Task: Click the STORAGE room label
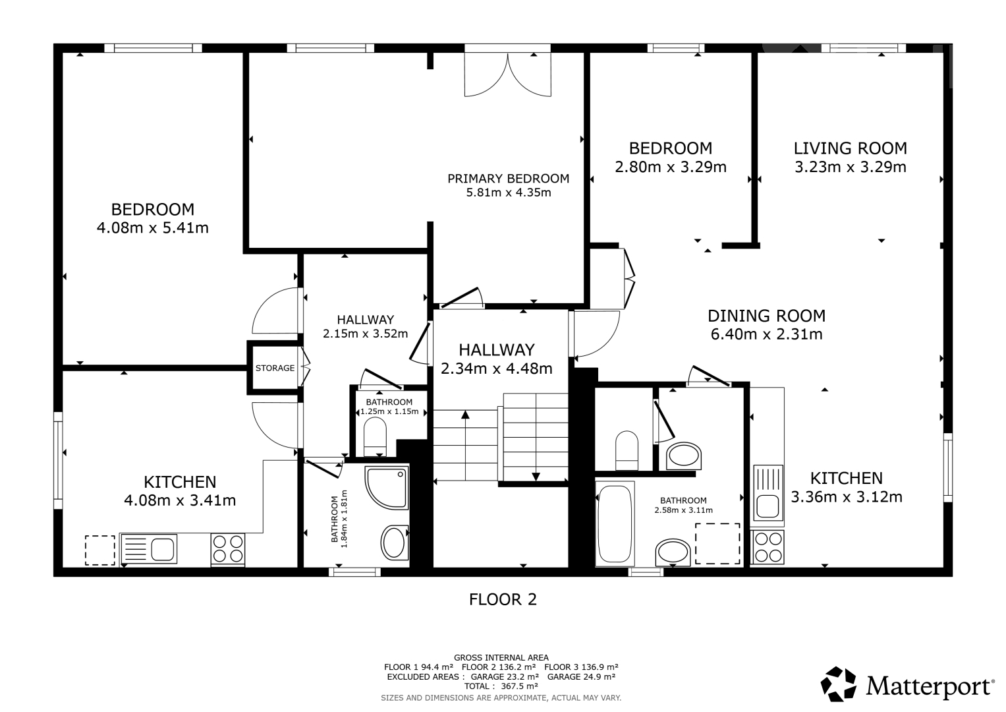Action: coord(275,368)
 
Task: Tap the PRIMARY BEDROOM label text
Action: coord(509,179)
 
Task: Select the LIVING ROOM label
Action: coord(850,148)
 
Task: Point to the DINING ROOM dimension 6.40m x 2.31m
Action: coord(767,334)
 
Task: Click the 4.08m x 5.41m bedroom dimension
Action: coord(153,228)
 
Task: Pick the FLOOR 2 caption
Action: coord(503,599)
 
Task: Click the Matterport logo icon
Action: coord(838,684)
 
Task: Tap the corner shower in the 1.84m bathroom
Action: coord(387,488)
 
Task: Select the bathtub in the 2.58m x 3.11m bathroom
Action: coord(615,523)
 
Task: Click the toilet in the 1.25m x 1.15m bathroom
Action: coord(375,436)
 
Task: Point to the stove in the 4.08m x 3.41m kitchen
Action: coord(228,549)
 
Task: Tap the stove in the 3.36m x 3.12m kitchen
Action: coord(769,547)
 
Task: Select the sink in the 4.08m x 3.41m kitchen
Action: coord(148,549)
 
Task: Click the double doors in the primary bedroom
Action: coord(507,74)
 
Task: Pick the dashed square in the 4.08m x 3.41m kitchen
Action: coord(99,550)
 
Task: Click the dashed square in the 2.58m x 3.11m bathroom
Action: coord(717,543)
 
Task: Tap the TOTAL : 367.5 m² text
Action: coord(501,686)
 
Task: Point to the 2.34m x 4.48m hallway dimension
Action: coord(497,369)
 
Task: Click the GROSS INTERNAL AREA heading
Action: coord(501,658)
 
